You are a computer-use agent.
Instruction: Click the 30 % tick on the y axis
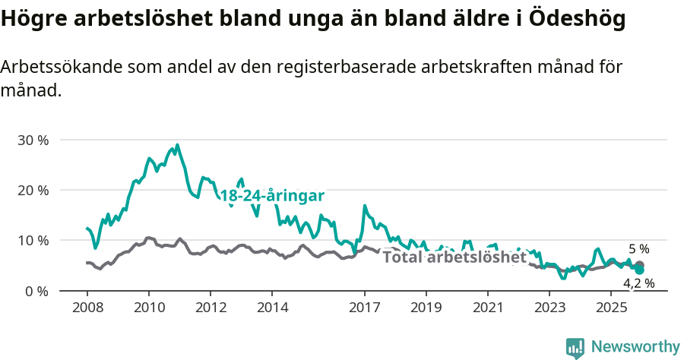32,140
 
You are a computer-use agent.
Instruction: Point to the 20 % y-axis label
32,190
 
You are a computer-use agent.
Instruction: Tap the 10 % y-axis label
32,240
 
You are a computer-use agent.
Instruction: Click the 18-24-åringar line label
272,196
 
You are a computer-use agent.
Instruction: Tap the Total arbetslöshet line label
454,257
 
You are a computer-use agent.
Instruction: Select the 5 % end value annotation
639,248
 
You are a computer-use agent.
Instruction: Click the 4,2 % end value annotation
639,283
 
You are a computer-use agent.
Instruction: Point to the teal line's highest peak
177,145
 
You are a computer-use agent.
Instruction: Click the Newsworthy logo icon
575,347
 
